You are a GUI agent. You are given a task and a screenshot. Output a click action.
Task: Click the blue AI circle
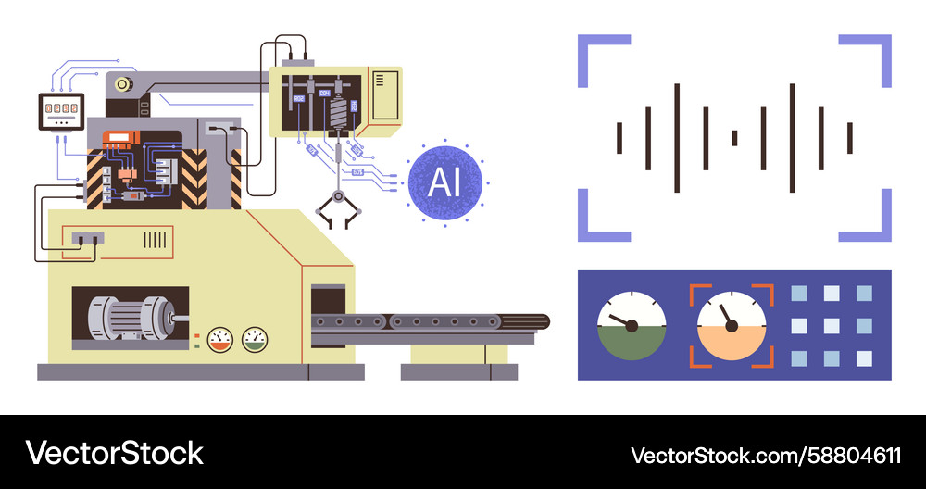point(444,182)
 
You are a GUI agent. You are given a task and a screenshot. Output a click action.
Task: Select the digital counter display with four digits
point(60,112)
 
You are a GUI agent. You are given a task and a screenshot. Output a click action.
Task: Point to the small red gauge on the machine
point(219,339)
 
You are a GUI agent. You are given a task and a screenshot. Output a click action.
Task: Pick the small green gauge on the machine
point(253,339)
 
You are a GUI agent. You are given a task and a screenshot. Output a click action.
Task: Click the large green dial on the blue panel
point(632,325)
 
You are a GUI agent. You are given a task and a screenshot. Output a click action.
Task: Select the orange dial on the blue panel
point(732,325)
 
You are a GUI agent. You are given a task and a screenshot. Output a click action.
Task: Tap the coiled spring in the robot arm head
point(338,116)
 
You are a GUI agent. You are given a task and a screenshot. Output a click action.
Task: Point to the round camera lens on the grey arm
point(121,85)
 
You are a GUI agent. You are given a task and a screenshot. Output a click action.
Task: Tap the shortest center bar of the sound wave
point(734,138)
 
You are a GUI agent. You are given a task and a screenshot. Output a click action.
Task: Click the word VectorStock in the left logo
point(114,453)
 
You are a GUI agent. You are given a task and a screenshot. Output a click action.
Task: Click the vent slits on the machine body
point(155,240)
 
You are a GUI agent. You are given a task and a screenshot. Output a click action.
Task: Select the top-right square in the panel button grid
point(864,294)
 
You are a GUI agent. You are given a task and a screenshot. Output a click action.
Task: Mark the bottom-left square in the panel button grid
point(799,358)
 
